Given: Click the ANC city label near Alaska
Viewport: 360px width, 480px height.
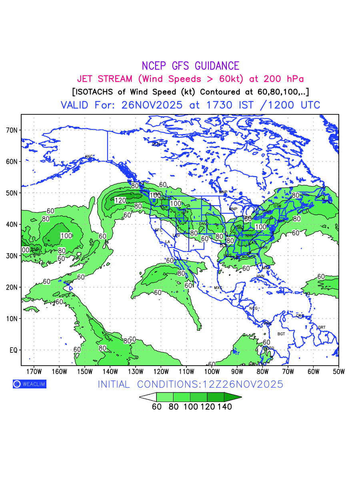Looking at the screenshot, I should point(89,156).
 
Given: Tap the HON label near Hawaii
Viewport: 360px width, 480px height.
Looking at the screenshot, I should point(69,282).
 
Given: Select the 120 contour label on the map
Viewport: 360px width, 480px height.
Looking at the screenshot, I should point(120,200).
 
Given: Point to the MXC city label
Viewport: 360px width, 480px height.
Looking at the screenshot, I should point(218,288).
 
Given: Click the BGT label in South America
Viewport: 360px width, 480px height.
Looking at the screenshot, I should point(282,334).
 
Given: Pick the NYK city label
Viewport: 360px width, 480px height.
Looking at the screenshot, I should point(282,221).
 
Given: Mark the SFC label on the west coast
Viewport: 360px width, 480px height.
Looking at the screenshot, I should point(159,230).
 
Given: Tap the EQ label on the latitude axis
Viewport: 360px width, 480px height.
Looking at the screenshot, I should point(13,350).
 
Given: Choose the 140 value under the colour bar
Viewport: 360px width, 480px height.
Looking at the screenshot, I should point(225,407).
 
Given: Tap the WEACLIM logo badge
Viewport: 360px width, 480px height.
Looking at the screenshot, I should point(30,384).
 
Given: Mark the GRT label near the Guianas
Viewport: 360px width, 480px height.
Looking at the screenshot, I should point(322,327).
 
